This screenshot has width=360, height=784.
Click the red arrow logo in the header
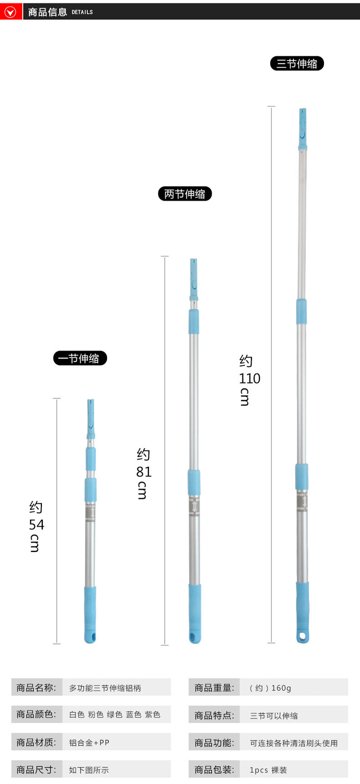tap(10, 12)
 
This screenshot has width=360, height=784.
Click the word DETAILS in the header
tap(82, 12)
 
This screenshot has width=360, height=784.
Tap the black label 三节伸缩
tap(297, 64)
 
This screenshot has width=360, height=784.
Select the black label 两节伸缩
tap(185, 194)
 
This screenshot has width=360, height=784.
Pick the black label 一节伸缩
tap(80, 358)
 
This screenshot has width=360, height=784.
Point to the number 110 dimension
tap(250, 378)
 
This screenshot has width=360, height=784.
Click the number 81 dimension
tap(144, 472)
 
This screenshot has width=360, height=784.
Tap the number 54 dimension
tap(36, 525)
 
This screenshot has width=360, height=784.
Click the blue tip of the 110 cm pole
tap(303, 129)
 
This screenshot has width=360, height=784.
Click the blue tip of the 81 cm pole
tap(194, 279)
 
